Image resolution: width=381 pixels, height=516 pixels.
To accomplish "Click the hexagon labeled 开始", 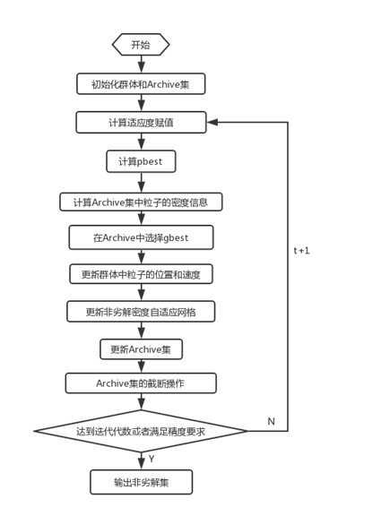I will pos(141,45).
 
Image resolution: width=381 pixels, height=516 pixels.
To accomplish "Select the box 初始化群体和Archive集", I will pos(141,84).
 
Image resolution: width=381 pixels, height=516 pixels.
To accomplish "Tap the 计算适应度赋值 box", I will pos(141,123).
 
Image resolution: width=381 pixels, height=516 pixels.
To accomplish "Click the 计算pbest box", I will pos(141,161).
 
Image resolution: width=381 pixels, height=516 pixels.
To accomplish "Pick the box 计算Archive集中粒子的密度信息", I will pos(141,202).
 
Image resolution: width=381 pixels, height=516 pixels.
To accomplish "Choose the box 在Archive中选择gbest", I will pos(141,237).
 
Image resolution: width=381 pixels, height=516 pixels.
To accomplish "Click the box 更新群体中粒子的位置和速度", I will pos(141,274).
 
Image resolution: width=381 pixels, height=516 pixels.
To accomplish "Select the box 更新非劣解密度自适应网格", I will pos(141,312).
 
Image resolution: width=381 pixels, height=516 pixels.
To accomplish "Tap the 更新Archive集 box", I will pos(141,348).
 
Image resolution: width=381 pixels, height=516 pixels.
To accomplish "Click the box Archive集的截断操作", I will pos(141,383).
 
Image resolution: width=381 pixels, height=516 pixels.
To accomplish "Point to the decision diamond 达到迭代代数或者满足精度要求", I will pos(141,432).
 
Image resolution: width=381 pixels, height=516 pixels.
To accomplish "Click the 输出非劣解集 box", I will pos(141,482).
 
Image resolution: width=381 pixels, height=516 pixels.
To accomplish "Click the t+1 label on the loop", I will pos(301,251).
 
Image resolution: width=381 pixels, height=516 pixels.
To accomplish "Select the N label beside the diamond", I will pos(271,421).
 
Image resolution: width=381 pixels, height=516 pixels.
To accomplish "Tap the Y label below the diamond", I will pos(151,459).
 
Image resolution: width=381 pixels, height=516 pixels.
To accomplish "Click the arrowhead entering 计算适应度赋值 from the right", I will pos(212,123).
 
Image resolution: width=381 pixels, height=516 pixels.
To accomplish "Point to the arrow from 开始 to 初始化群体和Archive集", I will pos(141,64).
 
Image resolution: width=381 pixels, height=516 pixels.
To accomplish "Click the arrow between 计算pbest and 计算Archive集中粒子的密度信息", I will pos(141,182).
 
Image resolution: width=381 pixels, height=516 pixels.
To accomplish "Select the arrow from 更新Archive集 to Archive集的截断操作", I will pos(141,365).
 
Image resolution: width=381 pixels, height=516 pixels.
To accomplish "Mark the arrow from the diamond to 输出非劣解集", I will pos(141,461).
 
